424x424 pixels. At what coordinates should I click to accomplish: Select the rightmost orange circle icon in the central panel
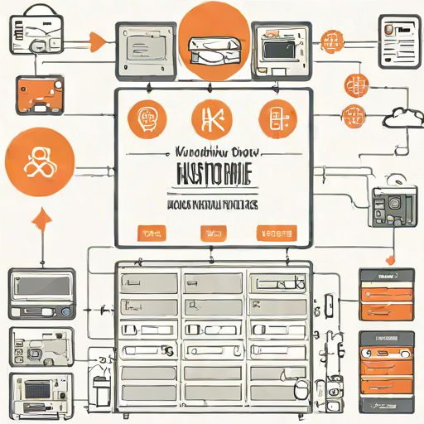[x=274, y=118]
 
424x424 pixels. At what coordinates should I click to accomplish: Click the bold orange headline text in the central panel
[x=213, y=175]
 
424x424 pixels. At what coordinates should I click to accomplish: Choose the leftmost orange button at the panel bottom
[x=149, y=233]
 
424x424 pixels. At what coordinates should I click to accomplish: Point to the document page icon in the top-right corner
[x=397, y=37]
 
